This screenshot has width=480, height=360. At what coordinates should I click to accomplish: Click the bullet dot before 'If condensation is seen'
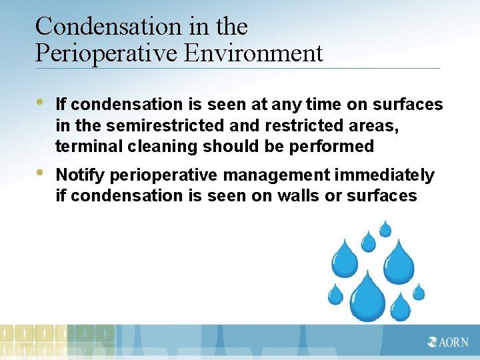pyautogui.click(x=41, y=102)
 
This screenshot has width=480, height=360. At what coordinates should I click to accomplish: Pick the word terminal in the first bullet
pyautogui.click(x=83, y=146)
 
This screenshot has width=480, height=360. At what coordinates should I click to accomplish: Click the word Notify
pyautogui.click(x=81, y=175)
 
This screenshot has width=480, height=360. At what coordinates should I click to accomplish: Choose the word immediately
pyautogui.click(x=384, y=175)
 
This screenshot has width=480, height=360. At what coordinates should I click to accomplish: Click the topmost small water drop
pyautogui.click(x=385, y=229)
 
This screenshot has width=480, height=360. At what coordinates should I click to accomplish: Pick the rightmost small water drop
pyautogui.click(x=419, y=292)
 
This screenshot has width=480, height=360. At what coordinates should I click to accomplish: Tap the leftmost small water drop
pyautogui.click(x=335, y=294)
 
